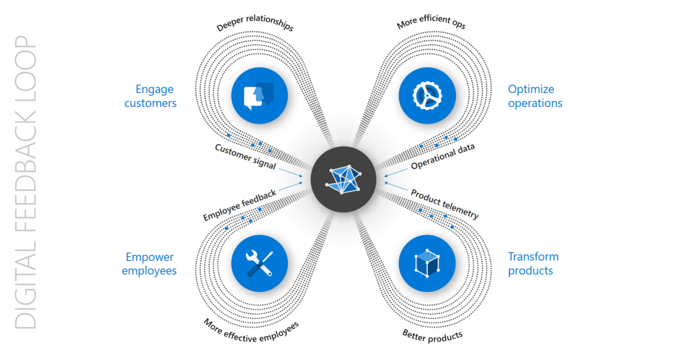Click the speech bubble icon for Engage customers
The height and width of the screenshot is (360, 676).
(259, 96)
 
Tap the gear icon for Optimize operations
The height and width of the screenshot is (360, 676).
(427, 96)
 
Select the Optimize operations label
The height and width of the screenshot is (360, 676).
(535, 96)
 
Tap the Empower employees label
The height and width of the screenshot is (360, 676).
(150, 264)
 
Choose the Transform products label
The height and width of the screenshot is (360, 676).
(533, 264)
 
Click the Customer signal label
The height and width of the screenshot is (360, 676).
(245, 157)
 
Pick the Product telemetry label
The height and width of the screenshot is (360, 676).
(444, 204)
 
